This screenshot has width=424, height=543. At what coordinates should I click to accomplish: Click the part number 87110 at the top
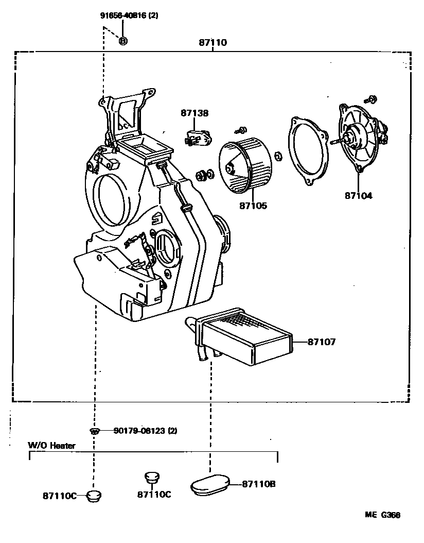pos(213,43)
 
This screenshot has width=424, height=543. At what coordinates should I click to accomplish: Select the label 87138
pos(194,113)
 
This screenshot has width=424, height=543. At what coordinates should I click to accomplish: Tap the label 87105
pos(253,206)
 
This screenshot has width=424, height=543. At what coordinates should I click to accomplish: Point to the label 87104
pos(359,196)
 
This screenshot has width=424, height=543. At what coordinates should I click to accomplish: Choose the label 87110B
pos(258,484)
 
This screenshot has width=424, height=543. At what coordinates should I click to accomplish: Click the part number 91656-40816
pos(129,15)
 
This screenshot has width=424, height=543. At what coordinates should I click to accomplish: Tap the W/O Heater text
pos(51,446)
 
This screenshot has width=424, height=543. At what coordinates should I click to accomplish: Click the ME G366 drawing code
pos(383,515)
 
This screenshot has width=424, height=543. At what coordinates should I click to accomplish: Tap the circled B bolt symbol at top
pos(123,41)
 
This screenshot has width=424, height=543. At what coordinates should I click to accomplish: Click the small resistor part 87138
pos(198,138)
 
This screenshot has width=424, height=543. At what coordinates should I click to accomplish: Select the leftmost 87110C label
pos(60,496)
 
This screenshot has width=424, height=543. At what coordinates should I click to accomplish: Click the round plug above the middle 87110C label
pos(151,477)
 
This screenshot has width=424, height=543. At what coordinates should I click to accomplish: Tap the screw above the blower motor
pos(372,98)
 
